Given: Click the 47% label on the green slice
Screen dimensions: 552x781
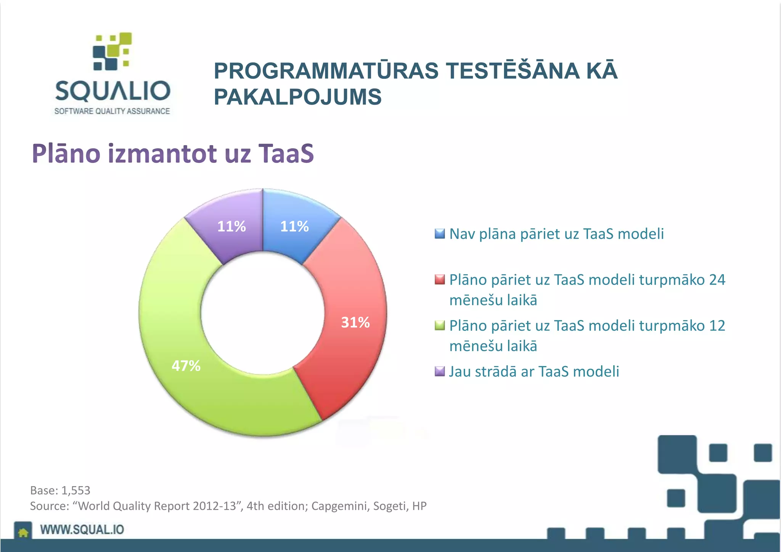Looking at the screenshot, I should [186, 366].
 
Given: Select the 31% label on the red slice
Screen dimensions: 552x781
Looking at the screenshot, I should [355, 322].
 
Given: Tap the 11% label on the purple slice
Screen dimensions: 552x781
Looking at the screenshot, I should [231, 226].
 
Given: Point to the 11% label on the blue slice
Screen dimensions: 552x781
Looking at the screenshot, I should [294, 226].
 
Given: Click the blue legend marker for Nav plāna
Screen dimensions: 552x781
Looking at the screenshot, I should [440, 234].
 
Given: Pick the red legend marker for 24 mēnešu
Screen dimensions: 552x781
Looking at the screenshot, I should [440, 280].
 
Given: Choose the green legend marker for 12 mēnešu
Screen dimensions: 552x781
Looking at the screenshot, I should [440, 325].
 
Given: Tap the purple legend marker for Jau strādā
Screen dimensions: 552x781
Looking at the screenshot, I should [440, 371].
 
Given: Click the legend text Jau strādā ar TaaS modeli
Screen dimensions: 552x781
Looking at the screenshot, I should [534, 371].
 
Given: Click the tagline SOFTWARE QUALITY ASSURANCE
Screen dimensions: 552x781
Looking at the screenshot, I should [112, 111].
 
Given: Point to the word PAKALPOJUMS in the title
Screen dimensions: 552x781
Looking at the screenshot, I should [297, 97].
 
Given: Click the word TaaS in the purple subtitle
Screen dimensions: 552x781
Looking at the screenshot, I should [286, 154].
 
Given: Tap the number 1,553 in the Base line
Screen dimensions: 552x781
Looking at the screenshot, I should [76, 490].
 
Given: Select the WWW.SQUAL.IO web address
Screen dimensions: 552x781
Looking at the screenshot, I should [82, 530].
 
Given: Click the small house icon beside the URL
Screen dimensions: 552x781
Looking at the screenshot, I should [23, 532].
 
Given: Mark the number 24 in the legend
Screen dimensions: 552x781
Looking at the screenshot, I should [717, 280].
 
